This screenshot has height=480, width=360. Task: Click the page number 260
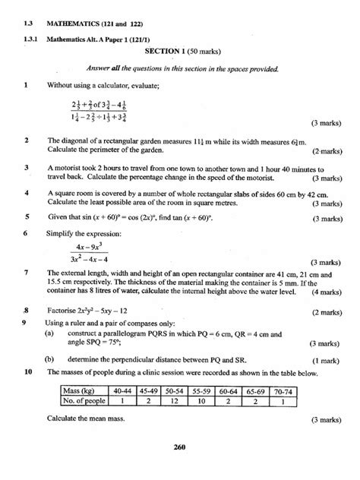[180, 447]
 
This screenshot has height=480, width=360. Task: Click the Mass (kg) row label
[83, 392]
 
